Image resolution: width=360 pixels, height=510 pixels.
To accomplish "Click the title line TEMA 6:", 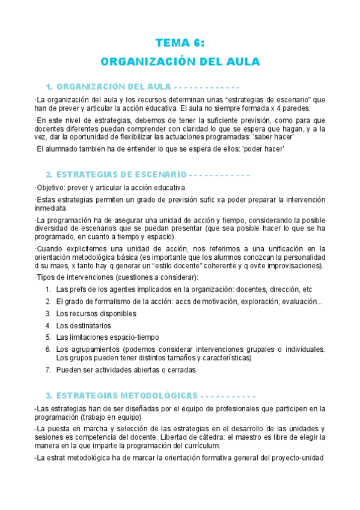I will (x=180, y=43).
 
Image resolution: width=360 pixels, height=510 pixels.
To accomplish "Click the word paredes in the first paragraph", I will (x=292, y=108).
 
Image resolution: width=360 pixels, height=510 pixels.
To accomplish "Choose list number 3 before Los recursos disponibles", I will (x=47, y=313).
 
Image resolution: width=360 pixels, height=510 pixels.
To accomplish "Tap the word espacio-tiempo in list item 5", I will (x=134, y=337).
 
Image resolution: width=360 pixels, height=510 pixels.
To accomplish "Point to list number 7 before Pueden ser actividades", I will (x=47, y=370).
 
